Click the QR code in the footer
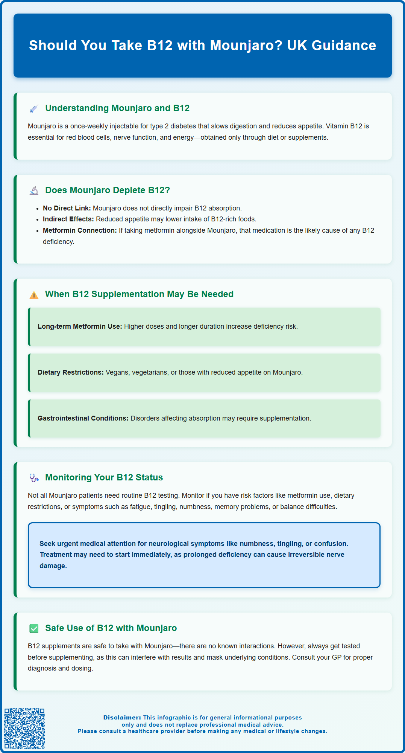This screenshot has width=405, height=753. click(x=24, y=728)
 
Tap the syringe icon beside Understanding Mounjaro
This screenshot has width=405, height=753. click(x=34, y=109)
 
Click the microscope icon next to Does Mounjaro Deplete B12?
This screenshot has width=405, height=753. click(x=34, y=191)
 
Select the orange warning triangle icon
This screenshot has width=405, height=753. click(x=34, y=295)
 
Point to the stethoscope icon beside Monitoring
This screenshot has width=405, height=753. click(x=34, y=478)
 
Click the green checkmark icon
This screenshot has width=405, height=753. click(x=34, y=628)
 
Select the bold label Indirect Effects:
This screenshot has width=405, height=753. click(x=68, y=219)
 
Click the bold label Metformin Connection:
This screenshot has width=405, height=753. click(x=80, y=230)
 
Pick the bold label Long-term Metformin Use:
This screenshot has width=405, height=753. click(x=80, y=326)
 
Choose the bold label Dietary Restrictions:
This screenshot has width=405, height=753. click(x=70, y=372)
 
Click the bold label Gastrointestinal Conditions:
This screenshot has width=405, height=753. click(x=83, y=418)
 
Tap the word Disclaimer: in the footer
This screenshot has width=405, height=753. click(x=122, y=718)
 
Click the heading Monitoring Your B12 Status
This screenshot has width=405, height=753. click(x=104, y=477)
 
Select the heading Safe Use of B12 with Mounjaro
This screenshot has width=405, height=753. click(x=111, y=628)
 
